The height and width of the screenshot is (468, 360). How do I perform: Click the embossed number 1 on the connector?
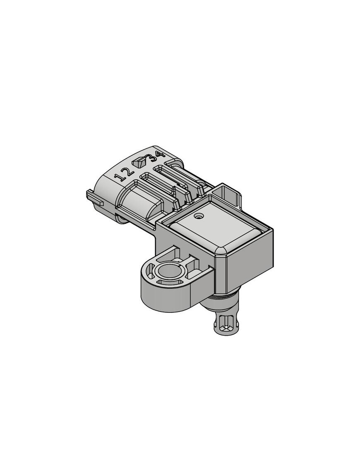(x=121, y=177)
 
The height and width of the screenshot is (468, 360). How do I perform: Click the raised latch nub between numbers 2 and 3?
(x=138, y=162)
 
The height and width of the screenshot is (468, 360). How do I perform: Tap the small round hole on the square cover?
(x=199, y=216)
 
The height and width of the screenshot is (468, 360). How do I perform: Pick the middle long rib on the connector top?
(x=161, y=182)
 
